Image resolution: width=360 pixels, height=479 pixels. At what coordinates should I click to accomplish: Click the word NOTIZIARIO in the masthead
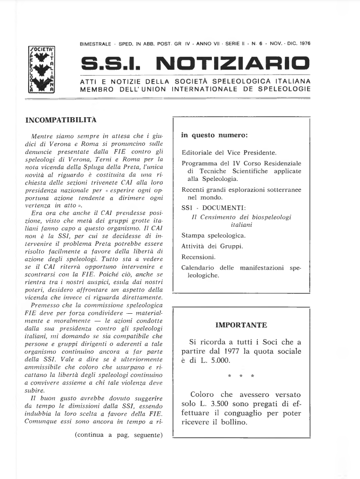pos(233,64)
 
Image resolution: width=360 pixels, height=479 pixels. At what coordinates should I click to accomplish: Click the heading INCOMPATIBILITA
pos(61,119)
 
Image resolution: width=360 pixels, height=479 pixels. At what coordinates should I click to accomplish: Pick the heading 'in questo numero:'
pos(214,135)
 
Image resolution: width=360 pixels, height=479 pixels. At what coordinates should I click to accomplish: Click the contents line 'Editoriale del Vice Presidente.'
pos(229,152)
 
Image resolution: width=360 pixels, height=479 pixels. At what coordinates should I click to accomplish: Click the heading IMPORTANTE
pos(241,325)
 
